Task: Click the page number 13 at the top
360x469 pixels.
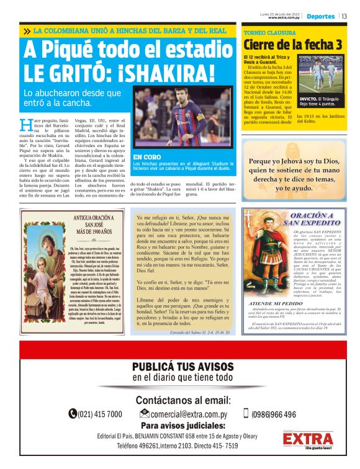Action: point(344,16)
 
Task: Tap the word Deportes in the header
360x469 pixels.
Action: point(320,16)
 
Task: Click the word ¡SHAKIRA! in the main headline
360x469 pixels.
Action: point(155,73)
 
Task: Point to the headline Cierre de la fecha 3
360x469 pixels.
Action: point(292,45)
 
